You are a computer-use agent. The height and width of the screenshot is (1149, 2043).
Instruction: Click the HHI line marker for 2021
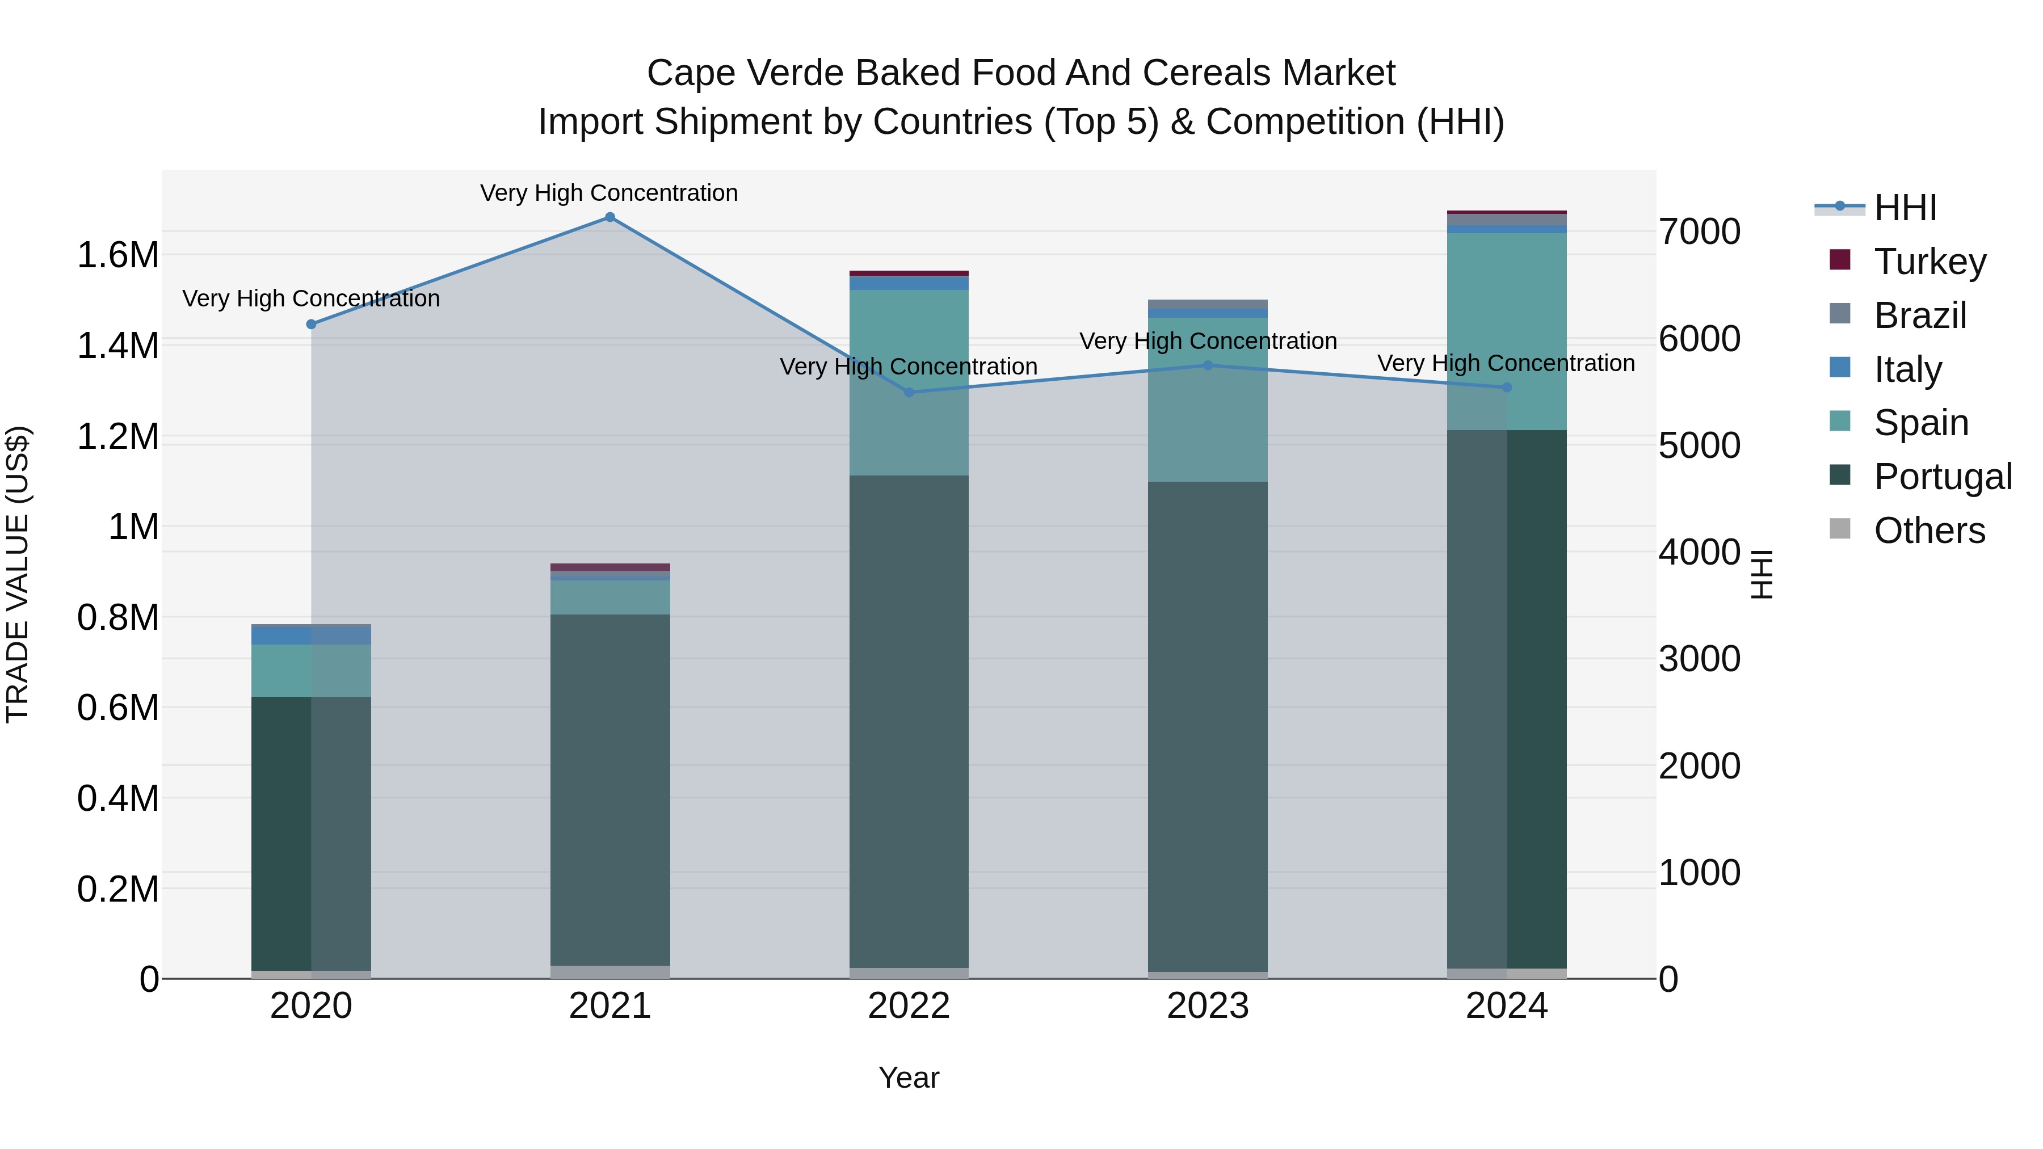610,217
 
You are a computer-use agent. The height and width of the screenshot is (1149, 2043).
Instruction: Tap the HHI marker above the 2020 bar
311,325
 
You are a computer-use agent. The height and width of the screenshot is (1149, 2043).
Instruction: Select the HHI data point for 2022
909,393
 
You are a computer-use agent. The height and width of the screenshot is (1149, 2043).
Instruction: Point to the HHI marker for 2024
1507,388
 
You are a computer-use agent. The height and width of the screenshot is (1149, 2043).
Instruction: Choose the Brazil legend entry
1919,315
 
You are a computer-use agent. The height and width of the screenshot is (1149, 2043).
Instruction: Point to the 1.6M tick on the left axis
118,255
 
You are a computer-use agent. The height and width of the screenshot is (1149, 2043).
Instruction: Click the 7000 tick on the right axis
1700,232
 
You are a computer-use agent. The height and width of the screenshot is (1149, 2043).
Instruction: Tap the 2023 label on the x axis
1208,1006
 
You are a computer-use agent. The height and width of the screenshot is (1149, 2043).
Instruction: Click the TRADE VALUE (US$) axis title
18,574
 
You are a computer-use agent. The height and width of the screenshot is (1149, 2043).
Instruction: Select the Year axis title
909,1078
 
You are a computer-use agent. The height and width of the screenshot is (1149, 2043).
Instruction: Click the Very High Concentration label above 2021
609,193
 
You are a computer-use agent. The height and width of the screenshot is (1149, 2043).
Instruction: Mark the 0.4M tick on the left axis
118,798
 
